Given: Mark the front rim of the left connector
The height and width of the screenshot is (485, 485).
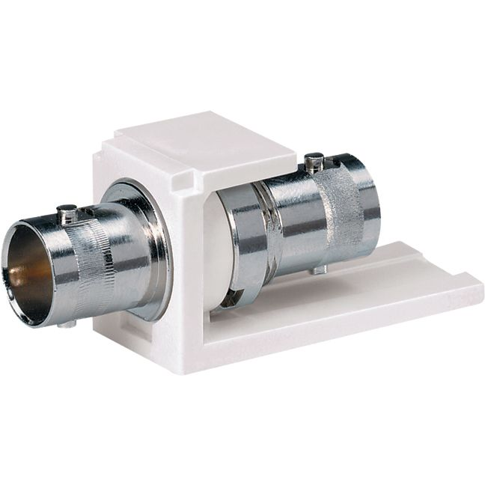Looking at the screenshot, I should pyautogui.click(x=10, y=269).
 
